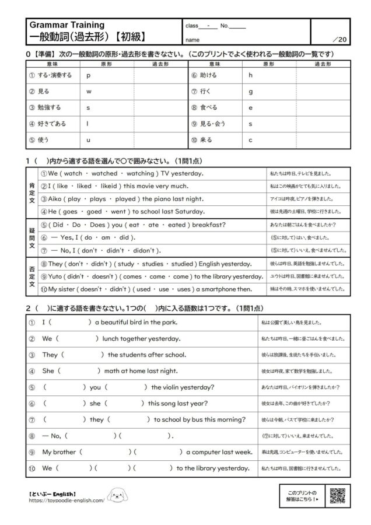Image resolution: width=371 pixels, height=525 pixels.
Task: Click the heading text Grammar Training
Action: [x=66, y=25]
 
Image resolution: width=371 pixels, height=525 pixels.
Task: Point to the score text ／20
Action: [x=339, y=40]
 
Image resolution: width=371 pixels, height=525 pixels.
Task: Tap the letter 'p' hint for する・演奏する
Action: [x=88, y=76]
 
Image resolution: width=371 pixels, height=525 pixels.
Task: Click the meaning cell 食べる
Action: [x=208, y=108]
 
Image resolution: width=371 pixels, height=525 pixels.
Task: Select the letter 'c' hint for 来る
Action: [x=250, y=140]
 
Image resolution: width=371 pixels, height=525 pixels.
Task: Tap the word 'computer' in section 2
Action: [x=211, y=452]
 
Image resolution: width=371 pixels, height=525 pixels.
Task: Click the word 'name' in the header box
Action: [x=192, y=40]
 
